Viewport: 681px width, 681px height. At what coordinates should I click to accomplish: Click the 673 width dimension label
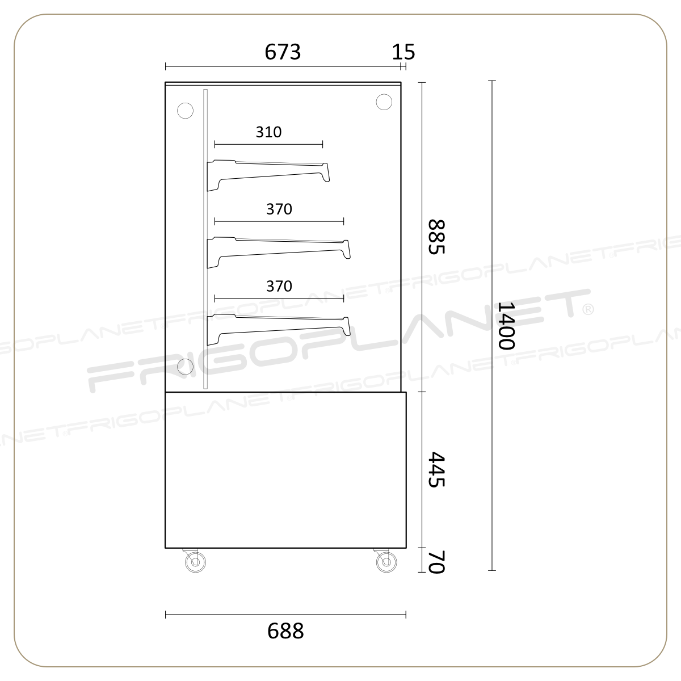[283, 52]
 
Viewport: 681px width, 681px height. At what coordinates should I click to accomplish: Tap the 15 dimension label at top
[403, 52]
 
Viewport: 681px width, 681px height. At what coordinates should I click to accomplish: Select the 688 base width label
[285, 631]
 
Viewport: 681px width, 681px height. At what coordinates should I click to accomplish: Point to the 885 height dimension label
[436, 237]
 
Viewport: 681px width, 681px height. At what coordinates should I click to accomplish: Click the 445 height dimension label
[436, 470]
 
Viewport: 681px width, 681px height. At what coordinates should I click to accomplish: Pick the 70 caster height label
[436, 562]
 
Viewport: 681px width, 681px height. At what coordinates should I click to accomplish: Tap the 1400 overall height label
[506, 326]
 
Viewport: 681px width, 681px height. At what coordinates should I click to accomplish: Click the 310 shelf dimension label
[268, 132]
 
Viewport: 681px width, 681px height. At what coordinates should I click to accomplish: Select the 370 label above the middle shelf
[279, 209]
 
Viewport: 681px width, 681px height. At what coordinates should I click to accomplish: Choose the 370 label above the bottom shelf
[279, 286]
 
